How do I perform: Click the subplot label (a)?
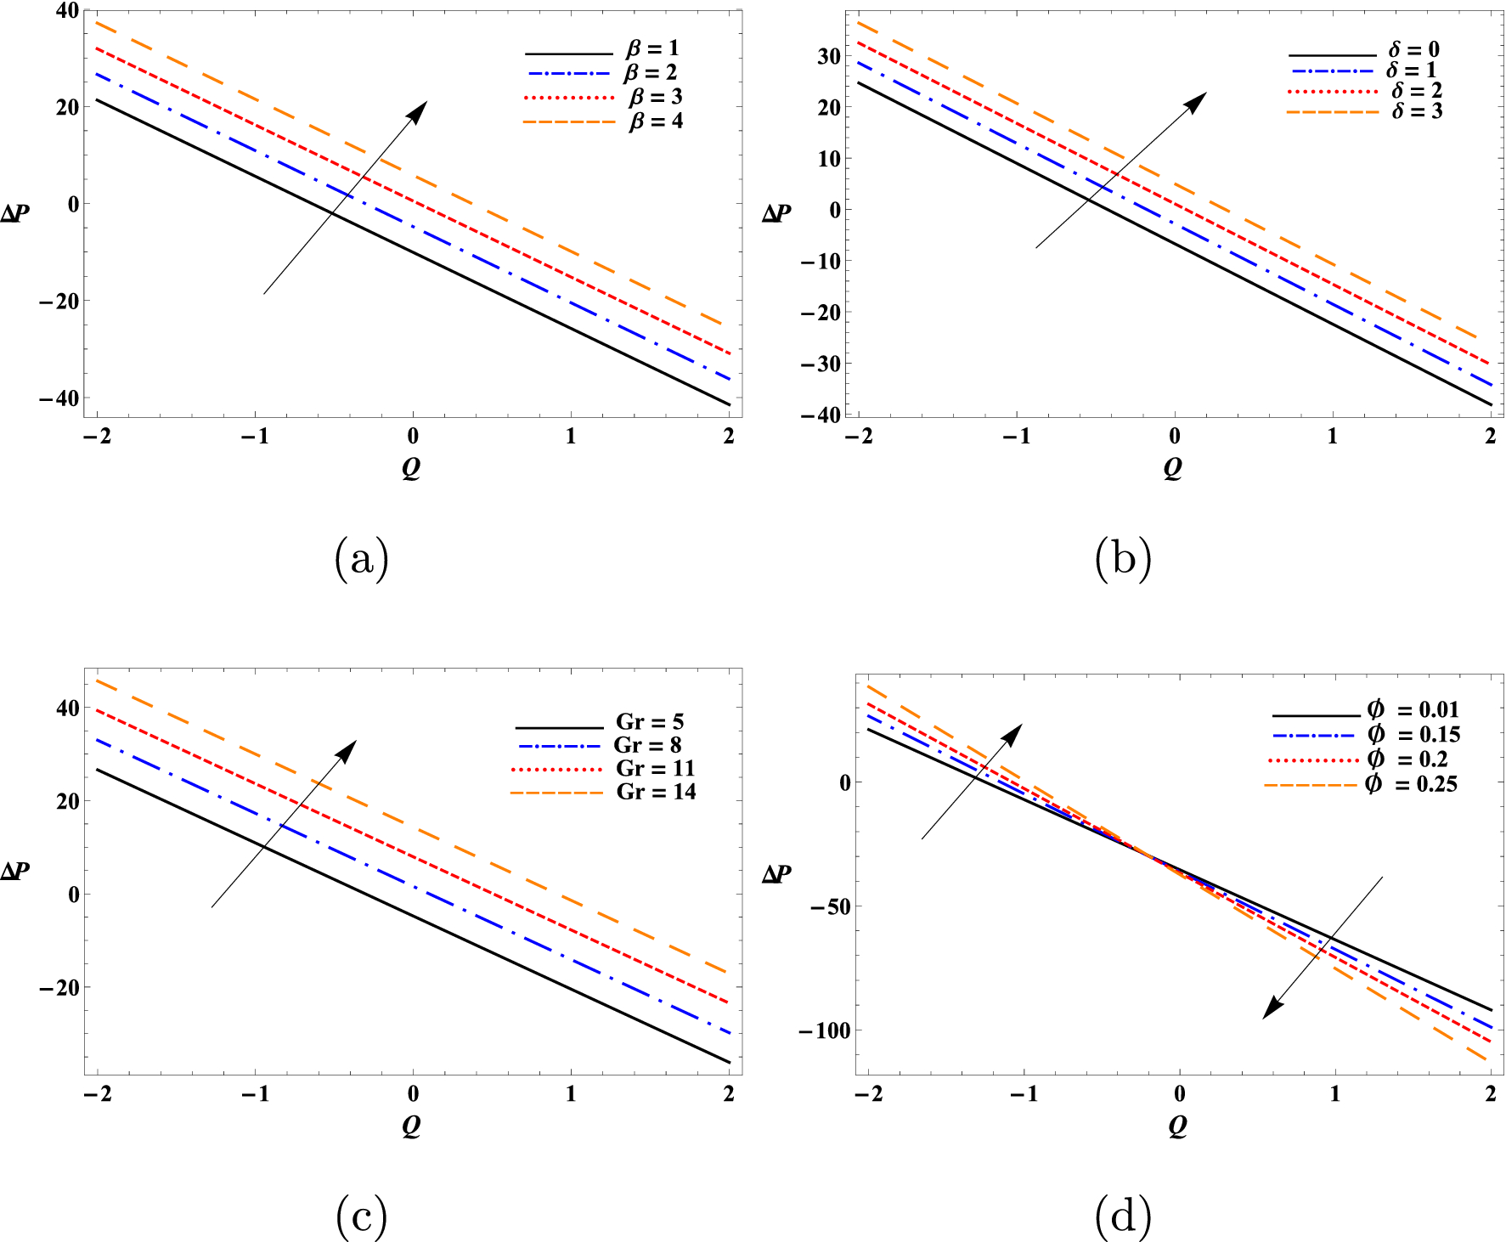(x=362, y=559)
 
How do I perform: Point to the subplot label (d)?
(x=1123, y=1217)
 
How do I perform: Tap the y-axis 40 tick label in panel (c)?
(x=68, y=708)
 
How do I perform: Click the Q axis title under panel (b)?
(x=1173, y=466)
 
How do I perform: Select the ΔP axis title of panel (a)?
(x=15, y=212)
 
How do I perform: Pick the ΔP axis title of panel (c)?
(x=15, y=871)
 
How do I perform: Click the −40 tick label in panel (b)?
(x=820, y=415)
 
